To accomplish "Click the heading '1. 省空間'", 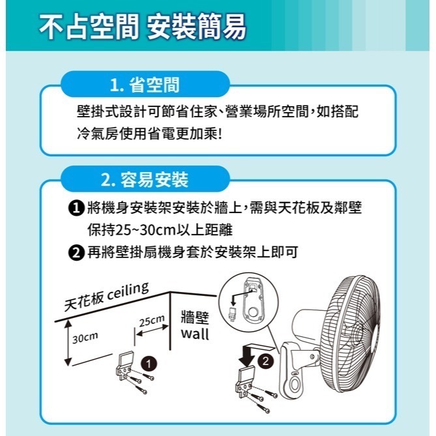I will (x=145, y=85).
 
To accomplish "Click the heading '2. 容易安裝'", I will (x=145, y=178).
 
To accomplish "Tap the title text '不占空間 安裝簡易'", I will (x=142, y=27).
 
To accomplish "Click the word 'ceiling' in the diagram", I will (x=128, y=291).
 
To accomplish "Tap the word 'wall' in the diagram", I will (x=195, y=334).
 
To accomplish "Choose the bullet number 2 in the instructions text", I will (x=76, y=252).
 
